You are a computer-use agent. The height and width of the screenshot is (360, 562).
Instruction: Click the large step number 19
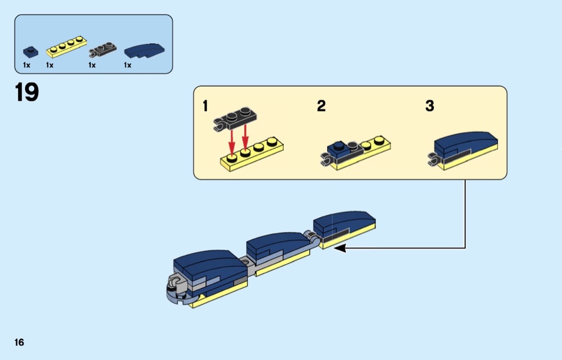pyautogui.click(x=27, y=93)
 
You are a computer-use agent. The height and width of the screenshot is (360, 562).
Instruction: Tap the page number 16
pyautogui.click(x=19, y=342)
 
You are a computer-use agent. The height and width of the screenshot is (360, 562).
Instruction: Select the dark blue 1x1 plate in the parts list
pyautogui.click(x=31, y=52)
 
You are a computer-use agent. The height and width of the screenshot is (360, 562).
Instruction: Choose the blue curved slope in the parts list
pyautogui.click(x=145, y=50)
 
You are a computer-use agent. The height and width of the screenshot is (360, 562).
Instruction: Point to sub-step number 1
pyautogui.click(x=206, y=106)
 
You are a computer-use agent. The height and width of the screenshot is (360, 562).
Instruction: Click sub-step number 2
pyautogui.click(x=321, y=106)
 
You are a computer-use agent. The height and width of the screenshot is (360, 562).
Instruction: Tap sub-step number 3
pyautogui.click(x=430, y=106)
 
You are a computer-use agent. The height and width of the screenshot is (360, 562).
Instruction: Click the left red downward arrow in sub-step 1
pyautogui.click(x=232, y=140)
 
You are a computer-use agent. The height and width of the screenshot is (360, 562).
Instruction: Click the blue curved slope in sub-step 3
pyautogui.click(x=466, y=142)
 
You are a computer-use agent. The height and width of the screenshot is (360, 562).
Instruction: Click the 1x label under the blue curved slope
pyautogui.click(x=127, y=65)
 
